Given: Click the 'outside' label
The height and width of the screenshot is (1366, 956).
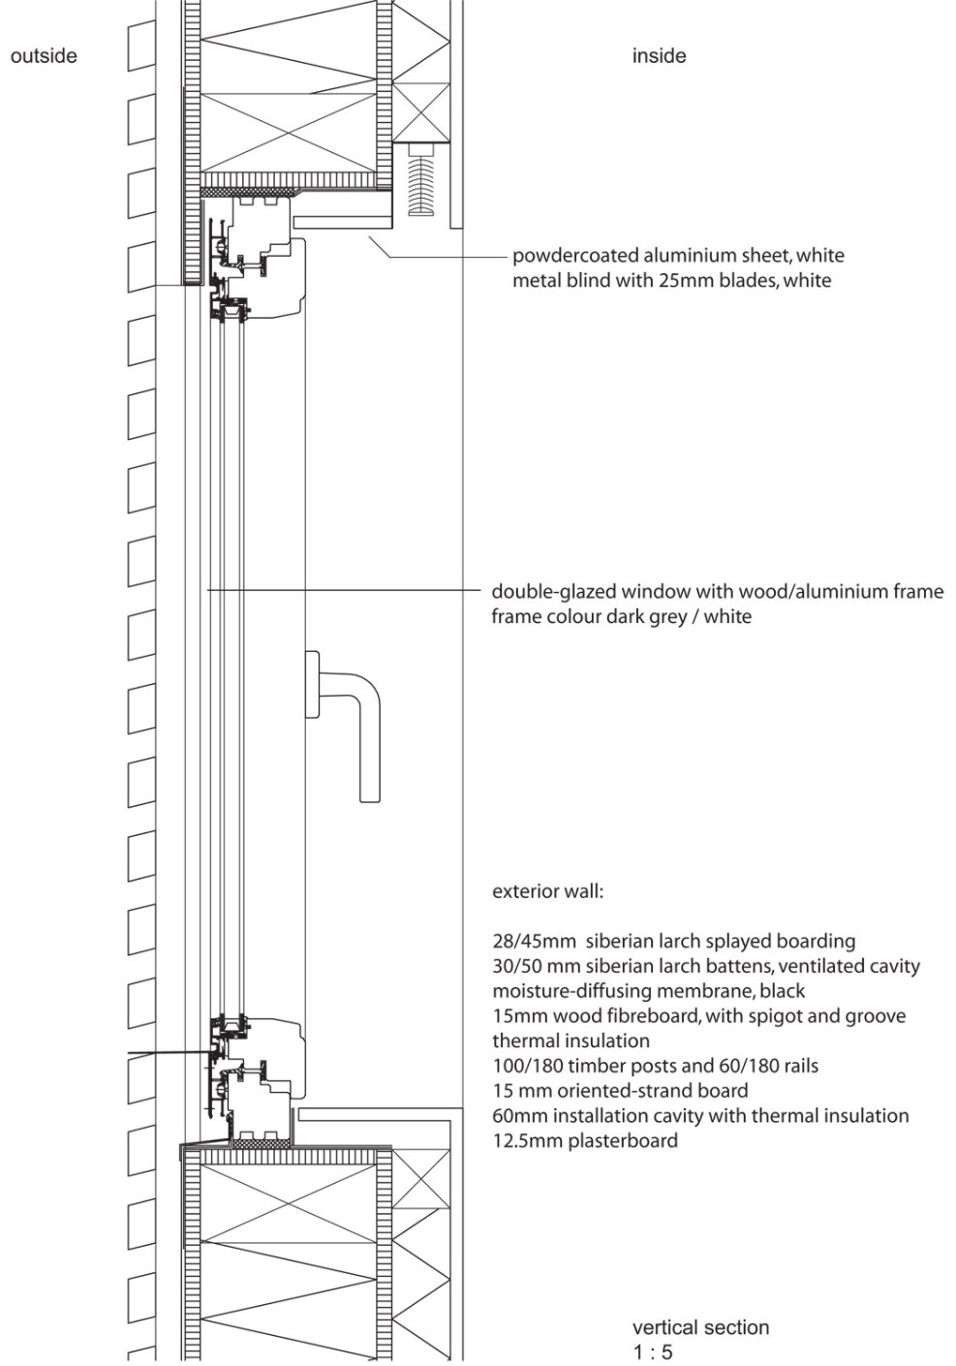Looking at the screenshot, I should pyautogui.click(x=44, y=56).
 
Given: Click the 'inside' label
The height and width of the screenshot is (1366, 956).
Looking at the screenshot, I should pyautogui.click(x=659, y=56).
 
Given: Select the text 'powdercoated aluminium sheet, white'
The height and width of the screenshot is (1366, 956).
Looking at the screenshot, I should pyautogui.click(x=678, y=256).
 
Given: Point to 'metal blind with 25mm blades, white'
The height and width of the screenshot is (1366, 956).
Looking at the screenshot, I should pyautogui.click(x=671, y=281).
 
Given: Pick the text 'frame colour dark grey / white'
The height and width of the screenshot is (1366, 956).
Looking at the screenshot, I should pyautogui.click(x=621, y=616).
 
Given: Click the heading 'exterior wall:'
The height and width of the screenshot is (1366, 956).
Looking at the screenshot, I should pyautogui.click(x=547, y=891).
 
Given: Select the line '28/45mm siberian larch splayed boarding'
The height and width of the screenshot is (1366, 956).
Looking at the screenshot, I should pyautogui.click(x=673, y=941).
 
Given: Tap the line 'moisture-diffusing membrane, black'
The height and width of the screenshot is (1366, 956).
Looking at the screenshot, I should pyautogui.click(x=648, y=991).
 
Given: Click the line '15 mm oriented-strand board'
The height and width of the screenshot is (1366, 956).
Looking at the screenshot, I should pyautogui.click(x=620, y=1091).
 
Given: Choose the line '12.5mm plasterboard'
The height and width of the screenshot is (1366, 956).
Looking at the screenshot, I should pyautogui.click(x=584, y=1141).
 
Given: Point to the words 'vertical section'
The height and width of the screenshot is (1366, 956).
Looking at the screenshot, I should pyautogui.click(x=700, y=1327).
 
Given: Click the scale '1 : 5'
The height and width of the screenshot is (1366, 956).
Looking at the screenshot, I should pyautogui.click(x=653, y=1351).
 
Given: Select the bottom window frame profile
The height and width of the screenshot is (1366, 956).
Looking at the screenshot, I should pyautogui.click(x=257, y=1075).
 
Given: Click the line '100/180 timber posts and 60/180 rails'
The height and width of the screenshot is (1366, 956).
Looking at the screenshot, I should pyautogui.click(x=655, y=1066).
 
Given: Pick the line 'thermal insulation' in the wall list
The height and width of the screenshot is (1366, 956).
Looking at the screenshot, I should pyautogui.click(x=571, y=1041).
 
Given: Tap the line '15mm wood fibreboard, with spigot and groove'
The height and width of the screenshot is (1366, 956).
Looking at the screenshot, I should pyautogui.click(x=698, y=1016).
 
